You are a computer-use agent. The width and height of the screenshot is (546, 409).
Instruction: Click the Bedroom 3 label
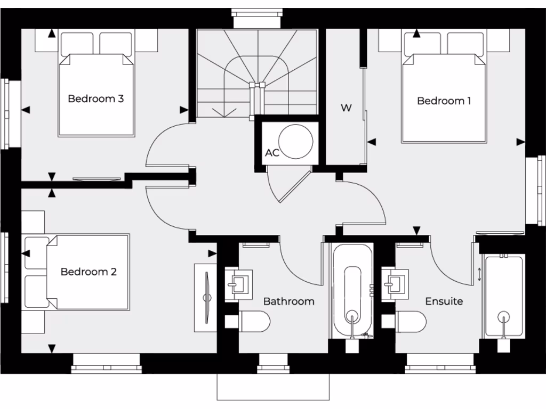point(96,99)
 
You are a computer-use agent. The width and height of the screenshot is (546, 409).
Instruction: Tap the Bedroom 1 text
point(444,101)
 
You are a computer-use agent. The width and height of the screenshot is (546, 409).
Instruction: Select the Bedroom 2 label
point(89,272)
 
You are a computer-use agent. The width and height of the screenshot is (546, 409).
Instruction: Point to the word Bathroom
point(289,301)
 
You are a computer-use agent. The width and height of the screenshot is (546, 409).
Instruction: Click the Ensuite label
point(444,301)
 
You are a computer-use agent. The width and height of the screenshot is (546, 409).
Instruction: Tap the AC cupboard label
point(272,153)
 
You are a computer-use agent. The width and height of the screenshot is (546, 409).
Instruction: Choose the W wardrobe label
point(346,108)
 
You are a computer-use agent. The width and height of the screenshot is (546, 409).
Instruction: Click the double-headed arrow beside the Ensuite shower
point(479,274)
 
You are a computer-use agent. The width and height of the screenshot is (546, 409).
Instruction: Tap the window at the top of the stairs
point(257,18)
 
